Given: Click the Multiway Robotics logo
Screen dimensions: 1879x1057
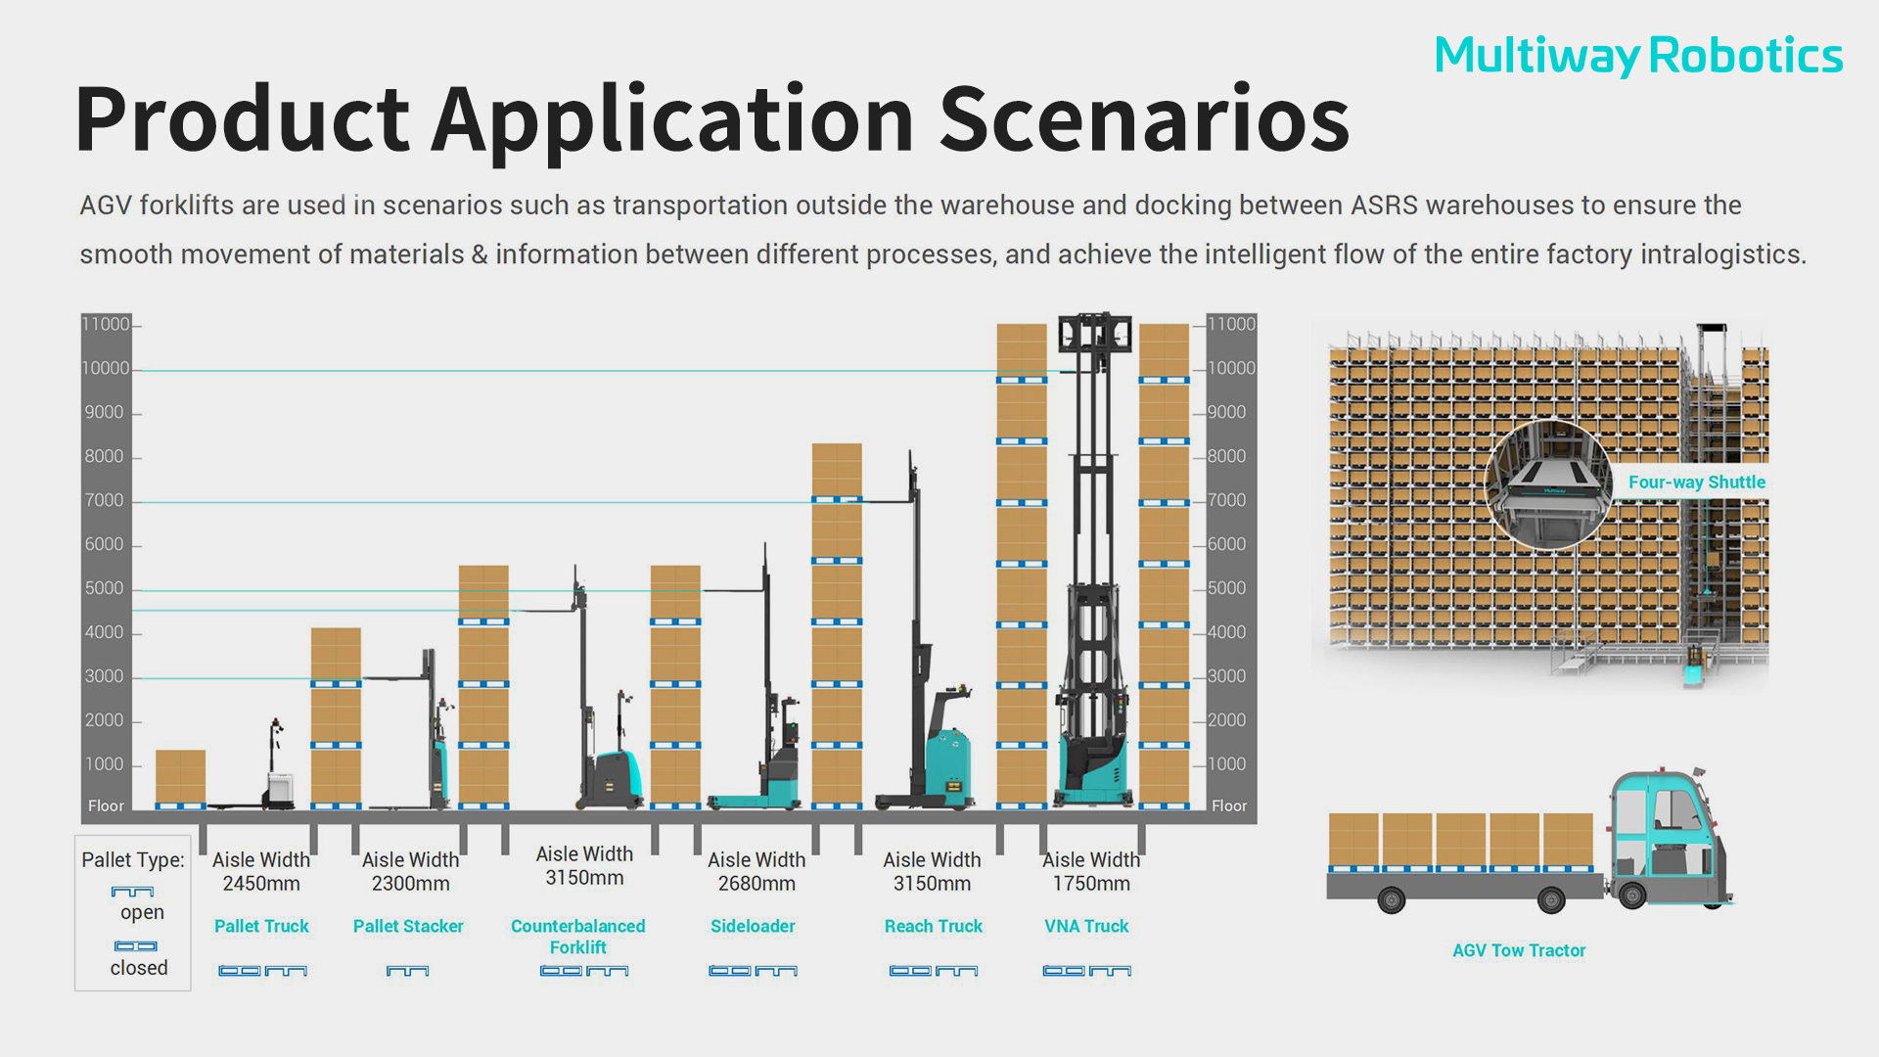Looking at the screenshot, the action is coord(1638,56).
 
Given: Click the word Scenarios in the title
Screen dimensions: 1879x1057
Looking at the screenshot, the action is coord(1144,119).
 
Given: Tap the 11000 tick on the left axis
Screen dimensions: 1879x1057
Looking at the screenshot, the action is coord(106,324).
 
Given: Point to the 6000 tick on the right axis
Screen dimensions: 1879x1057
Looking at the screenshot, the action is coord(1227,544).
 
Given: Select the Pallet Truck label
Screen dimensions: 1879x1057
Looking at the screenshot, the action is coord(261,926).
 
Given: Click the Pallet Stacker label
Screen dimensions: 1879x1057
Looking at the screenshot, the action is coord(408,926).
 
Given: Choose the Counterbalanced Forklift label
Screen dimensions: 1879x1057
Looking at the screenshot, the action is coord(578,937).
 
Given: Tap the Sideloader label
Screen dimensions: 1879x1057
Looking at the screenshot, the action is coord(753,926).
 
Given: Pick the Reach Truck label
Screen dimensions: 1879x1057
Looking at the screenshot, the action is coord(934,926).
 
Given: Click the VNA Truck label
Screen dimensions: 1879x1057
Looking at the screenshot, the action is coord(1086,926).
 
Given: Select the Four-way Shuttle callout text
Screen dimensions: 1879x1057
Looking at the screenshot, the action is coord(1697,482).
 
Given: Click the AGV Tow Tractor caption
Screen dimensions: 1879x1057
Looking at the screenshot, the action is coord(1519,950).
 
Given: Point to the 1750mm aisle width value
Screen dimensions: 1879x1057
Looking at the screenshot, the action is coord(1091,884).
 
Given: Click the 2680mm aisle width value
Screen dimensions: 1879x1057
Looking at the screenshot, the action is coord(756,884).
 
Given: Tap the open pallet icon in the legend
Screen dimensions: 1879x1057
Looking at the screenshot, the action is coord(132,892).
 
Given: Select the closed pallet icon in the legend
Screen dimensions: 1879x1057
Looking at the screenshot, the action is coord(136,946).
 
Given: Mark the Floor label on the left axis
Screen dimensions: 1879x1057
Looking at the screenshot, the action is coord(106,805).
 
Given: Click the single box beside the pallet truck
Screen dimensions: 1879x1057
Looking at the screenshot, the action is coord(180,777).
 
